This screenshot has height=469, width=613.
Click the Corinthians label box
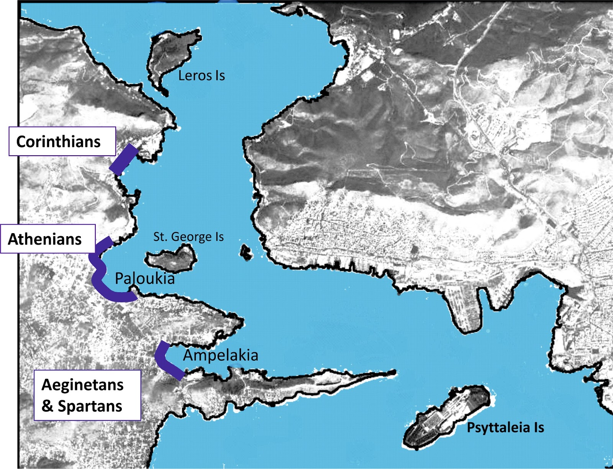click(62, 142)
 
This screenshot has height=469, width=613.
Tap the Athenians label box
click(48, 239)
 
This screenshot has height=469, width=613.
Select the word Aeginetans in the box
click(82, 385)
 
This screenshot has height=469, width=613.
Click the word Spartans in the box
click(90, 406)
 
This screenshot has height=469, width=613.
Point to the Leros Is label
click(202, 76)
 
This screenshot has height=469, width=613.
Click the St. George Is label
click(188, 237)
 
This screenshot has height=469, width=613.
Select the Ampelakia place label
click(220, 355)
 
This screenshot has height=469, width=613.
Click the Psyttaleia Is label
click(505, 427)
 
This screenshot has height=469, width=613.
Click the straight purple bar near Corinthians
click(124, 159)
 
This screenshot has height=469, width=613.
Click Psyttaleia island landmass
click(444, 416)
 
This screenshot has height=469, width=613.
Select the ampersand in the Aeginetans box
click(48, 406)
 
